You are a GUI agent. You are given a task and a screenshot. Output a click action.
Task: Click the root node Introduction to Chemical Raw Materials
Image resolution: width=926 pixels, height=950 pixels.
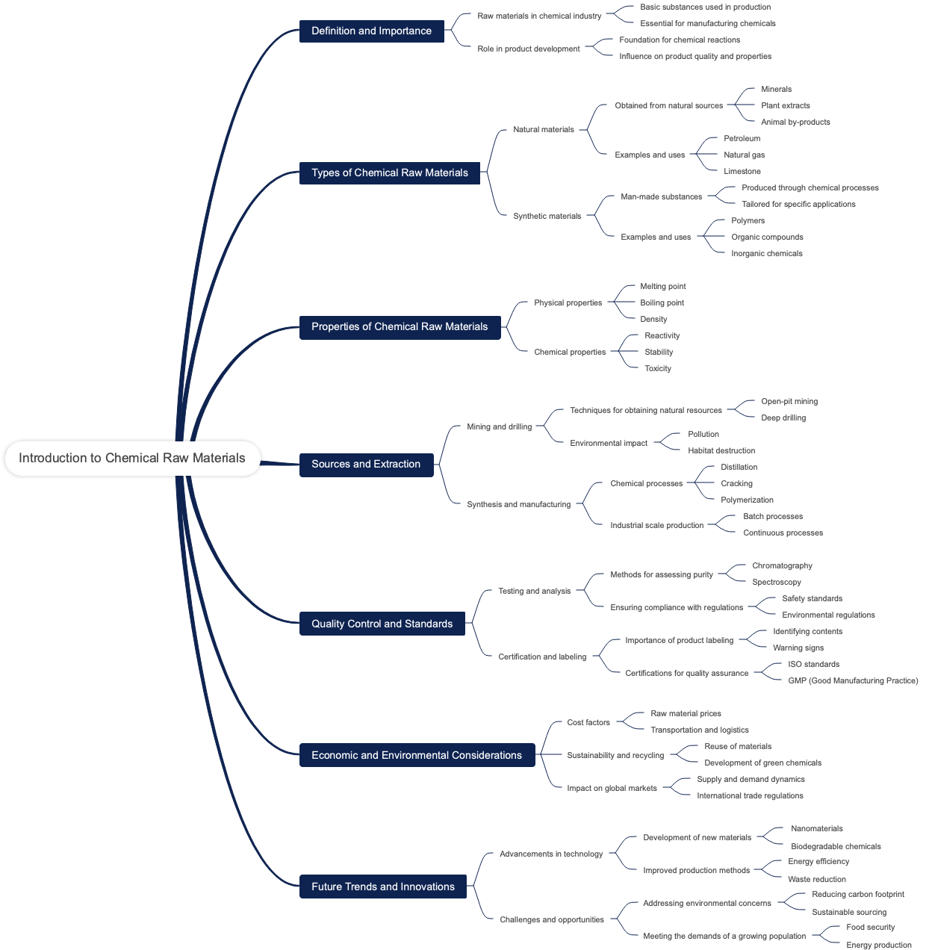click(132, 458)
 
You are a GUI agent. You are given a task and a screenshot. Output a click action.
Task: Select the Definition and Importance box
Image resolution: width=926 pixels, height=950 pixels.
click(371, 31)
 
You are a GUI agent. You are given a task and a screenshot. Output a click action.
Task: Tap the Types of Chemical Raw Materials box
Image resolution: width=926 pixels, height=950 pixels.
click(389, 173)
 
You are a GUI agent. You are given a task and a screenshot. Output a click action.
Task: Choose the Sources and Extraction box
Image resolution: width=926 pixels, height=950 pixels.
click(366, 464)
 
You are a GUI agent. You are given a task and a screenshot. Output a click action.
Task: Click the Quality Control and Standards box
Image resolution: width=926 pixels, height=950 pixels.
click(382, 624)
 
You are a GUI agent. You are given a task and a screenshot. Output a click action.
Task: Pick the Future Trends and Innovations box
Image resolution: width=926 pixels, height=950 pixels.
click(382, 887)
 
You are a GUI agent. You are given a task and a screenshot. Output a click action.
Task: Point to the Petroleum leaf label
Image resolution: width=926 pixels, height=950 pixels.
click(742, 138)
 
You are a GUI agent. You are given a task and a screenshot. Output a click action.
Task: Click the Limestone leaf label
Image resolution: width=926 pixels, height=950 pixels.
click(742, 171)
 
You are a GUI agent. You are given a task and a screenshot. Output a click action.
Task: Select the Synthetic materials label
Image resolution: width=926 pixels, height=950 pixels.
click(547, 216)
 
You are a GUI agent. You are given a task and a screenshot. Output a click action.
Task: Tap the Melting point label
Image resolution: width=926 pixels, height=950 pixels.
click(662, 286)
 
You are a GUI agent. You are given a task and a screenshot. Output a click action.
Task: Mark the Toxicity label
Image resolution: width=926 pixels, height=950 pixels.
click(658, 368)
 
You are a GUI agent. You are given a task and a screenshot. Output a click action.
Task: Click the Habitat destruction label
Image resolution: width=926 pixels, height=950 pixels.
click(721, 450)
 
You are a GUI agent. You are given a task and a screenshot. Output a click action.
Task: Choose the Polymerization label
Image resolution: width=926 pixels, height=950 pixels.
click(747, 500)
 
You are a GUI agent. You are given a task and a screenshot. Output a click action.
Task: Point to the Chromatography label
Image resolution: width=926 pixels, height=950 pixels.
click(782, 565)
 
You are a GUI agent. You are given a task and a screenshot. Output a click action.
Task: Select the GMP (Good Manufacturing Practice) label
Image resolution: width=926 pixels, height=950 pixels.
click(853, 680)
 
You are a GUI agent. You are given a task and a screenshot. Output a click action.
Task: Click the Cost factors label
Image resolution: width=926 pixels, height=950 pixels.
click(588, 722)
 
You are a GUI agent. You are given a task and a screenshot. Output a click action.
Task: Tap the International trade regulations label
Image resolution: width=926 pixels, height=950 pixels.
click(750, 795)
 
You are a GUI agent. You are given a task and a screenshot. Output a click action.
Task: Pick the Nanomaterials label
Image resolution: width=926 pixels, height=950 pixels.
click(816, 828)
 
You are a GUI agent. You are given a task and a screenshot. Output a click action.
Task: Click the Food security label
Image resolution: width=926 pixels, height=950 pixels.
click(870, 927)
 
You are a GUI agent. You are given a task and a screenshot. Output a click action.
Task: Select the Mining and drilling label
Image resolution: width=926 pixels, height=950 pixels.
click(499, 426)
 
